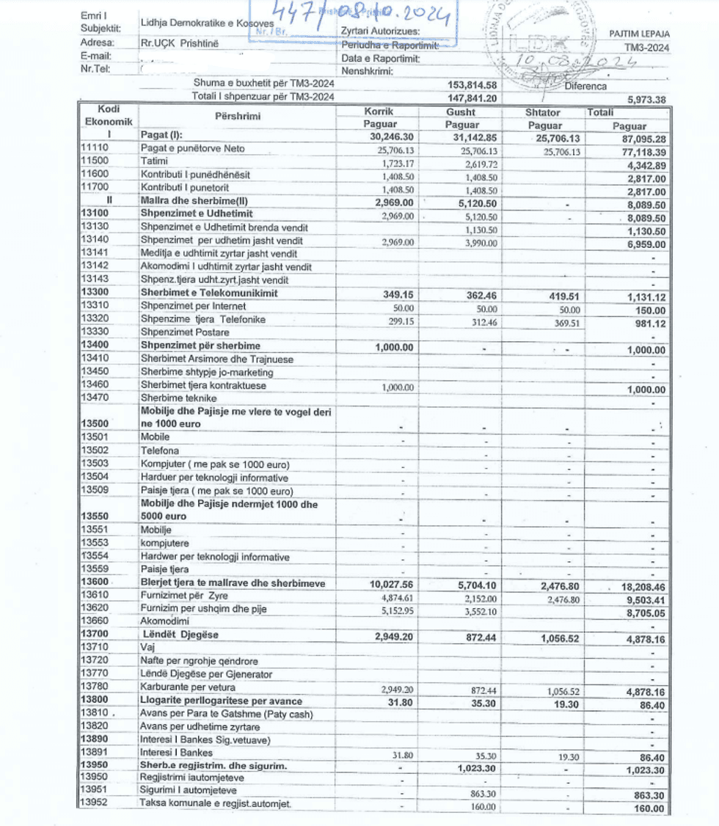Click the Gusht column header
click(461, 112)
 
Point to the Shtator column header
click(543, 112)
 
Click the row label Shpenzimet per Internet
click(193, 305)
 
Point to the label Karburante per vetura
click(188, 687)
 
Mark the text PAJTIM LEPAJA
click(639, 34)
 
